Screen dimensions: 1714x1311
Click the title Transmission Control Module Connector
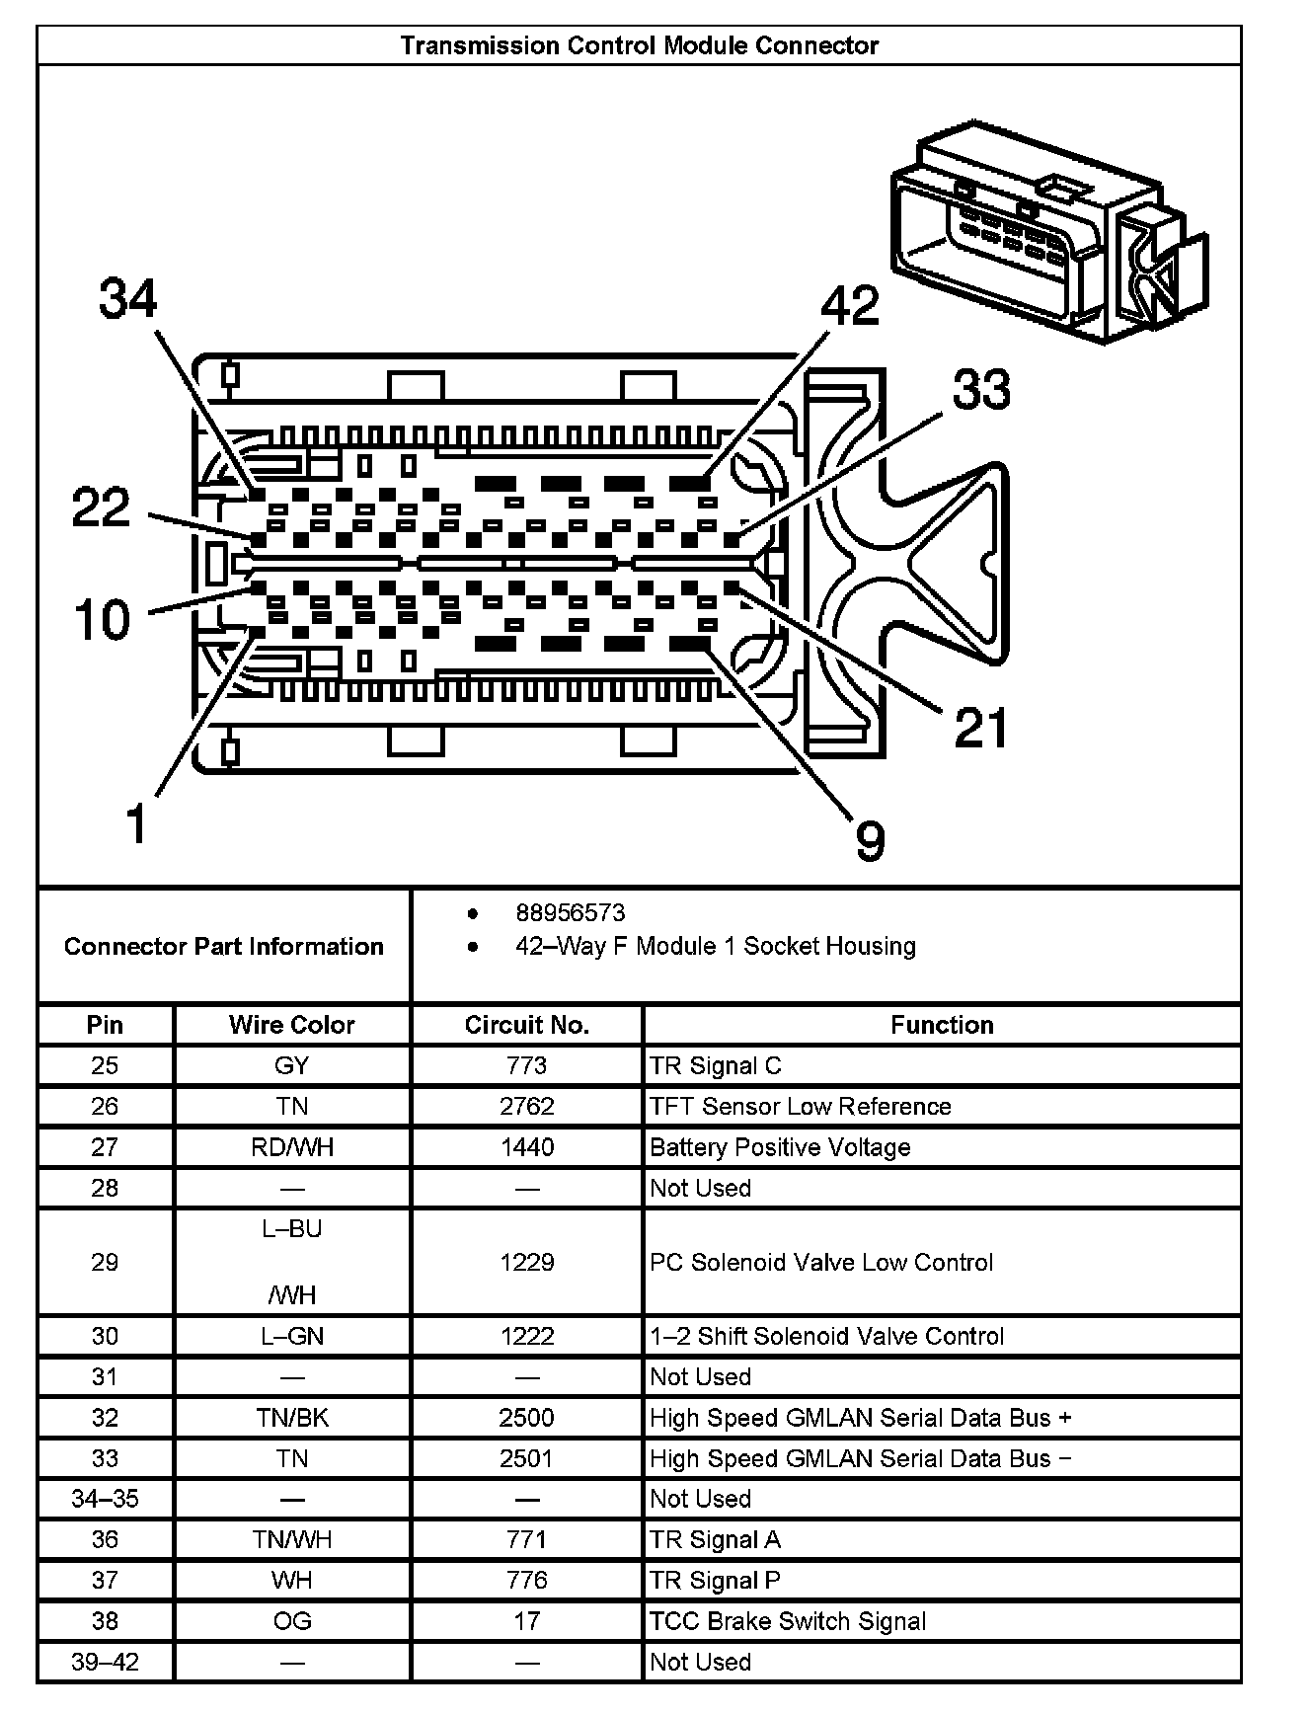639,45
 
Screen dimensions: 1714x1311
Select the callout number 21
980,729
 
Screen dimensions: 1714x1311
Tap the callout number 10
103,620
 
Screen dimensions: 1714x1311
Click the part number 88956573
570,913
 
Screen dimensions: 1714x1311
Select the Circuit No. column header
526,1025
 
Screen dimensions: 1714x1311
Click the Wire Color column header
291,1025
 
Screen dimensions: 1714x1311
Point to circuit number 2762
526,1107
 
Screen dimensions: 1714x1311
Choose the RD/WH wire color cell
291,1147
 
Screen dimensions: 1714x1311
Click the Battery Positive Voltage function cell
780,1147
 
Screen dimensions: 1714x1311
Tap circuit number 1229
526,1262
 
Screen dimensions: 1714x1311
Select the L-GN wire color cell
291,1336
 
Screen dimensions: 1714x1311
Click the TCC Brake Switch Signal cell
788,1621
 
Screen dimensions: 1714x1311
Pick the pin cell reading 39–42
105,1662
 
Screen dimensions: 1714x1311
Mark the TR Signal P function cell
715,1580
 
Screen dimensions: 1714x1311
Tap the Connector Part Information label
224,946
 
